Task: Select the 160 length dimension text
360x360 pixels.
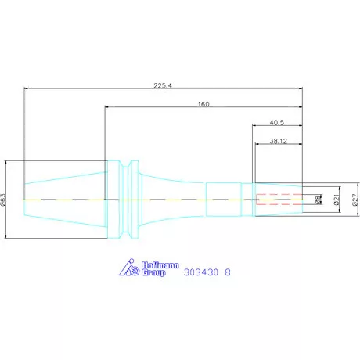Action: pos(203,103)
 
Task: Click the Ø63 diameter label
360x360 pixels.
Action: pos(4,200)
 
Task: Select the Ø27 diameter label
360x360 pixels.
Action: pos(354,200)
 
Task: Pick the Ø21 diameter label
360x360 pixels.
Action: pos(337,200)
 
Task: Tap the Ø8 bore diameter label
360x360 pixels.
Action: pos(318,200)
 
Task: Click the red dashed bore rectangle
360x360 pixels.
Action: pos(278,200)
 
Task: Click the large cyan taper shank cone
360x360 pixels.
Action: pos(67,200)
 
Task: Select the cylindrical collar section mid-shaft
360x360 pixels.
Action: pos(222,200)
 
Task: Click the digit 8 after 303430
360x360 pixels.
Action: pos(228,273)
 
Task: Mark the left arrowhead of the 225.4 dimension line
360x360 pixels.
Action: pos(27,88)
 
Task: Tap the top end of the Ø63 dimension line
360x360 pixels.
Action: pos(6,161)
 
